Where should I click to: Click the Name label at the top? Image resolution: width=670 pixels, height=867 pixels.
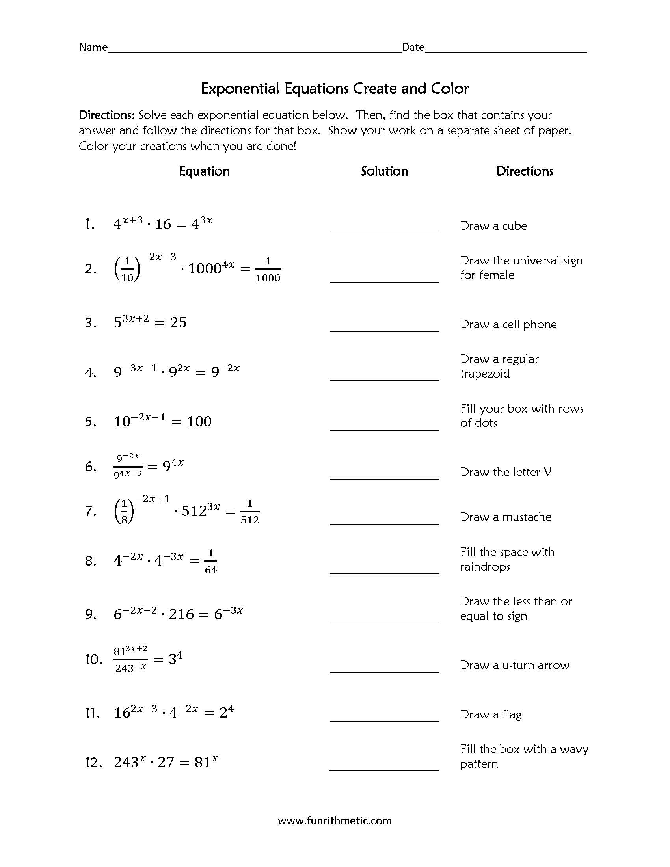[x=93, y=47]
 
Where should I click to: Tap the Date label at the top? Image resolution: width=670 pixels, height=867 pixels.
[x=413, y=47]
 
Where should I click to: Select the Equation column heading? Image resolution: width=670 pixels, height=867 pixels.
[x=204, y=171]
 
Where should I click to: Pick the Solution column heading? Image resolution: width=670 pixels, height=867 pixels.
[x=384, y=171]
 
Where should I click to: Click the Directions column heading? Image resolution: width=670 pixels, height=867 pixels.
[x=524, y=171]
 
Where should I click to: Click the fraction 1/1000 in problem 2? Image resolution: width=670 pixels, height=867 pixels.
[x=268, y=270]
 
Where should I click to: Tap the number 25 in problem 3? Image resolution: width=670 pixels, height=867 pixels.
[x=178, y=323]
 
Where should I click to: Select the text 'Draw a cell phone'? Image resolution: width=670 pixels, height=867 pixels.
[x=508, y=324]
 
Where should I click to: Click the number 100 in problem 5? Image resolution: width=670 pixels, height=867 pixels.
[x=199, y=422]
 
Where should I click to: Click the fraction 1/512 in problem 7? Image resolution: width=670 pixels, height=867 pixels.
[x=249, y=512]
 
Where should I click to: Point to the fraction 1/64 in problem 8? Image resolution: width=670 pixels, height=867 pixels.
[x=210, y=561]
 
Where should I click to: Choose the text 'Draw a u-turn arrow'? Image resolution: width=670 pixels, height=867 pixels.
[x=514, y=665]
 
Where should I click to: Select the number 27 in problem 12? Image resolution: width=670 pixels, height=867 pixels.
[x=166, y=762]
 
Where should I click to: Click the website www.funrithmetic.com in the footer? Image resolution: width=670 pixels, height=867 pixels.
[x=335, y=820]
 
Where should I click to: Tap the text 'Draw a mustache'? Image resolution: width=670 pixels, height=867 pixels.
[x=505, y=517]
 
